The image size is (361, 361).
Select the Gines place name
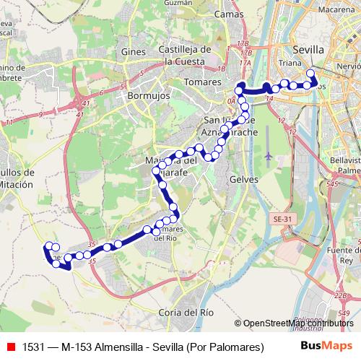tap(134, 52)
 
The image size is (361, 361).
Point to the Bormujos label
tap(147, 95)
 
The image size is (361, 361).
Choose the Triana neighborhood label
tap(290, 64)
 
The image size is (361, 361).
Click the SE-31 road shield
tap(281, 217)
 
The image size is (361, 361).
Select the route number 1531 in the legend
tap(33, 347)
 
